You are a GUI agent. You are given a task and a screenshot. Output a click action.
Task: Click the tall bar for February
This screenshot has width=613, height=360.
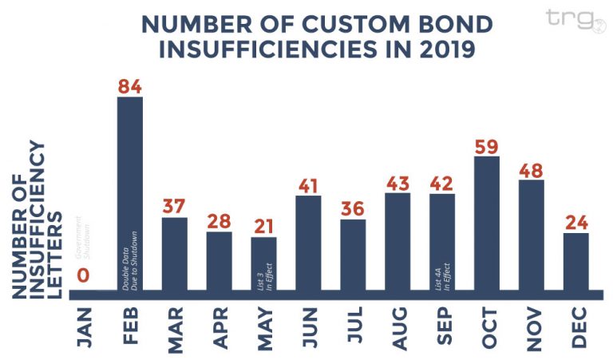click(129, 192)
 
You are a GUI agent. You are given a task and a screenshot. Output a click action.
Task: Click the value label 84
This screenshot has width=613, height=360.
click(129, 86)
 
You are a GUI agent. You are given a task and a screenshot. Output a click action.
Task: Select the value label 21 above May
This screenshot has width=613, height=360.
click(263, 226)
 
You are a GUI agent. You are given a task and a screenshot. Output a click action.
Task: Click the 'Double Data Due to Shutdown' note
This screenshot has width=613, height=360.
click(129, 259)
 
